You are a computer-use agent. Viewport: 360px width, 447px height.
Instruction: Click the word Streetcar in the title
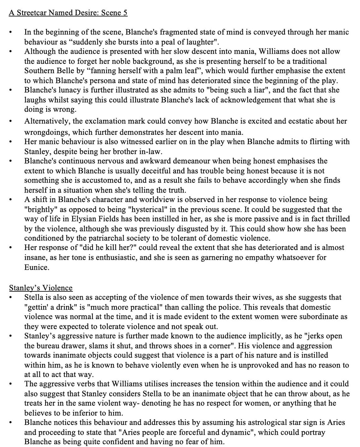pos(32,13)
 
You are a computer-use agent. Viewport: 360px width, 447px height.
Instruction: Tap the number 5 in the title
pos(125,13)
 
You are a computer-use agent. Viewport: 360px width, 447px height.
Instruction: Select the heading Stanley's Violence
pos(41,288)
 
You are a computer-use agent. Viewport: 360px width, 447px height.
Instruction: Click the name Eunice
pos(36,267)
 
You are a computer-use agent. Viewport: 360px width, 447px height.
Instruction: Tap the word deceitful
pos(152,171)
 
